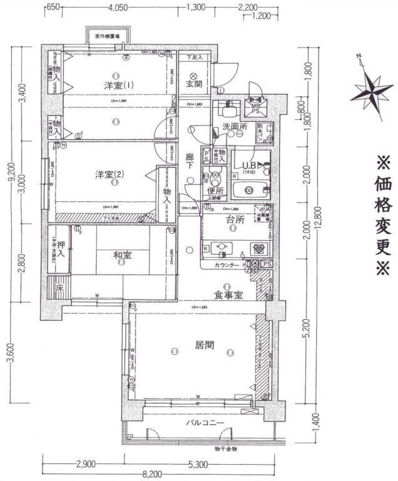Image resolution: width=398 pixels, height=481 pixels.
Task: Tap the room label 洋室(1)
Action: pyautogui.click(x=115, y=85)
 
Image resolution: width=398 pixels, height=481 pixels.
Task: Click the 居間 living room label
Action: pyautogui.click(x=202, y=344)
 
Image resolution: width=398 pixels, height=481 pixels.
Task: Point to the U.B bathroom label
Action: pyautogui.click(x=250, y=166)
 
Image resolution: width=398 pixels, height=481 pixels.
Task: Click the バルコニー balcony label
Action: pyautogui.click(x=205, y=423)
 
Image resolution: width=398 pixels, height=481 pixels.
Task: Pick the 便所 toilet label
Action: pyautogui.click(x=215, y=191)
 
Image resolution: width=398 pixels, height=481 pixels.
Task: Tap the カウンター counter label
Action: pyautogui.click(x=227, y=266)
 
